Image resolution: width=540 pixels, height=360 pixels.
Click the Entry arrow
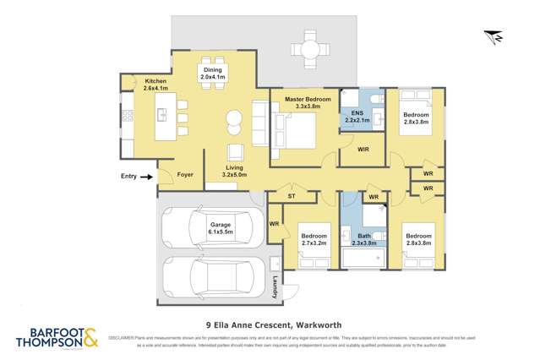point(145,177)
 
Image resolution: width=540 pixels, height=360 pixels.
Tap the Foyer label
point(185,176)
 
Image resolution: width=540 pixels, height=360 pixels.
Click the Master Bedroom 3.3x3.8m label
point(308,103)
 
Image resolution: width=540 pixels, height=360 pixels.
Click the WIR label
point(363,150)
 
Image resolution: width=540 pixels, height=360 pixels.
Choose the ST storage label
point(290,196)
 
